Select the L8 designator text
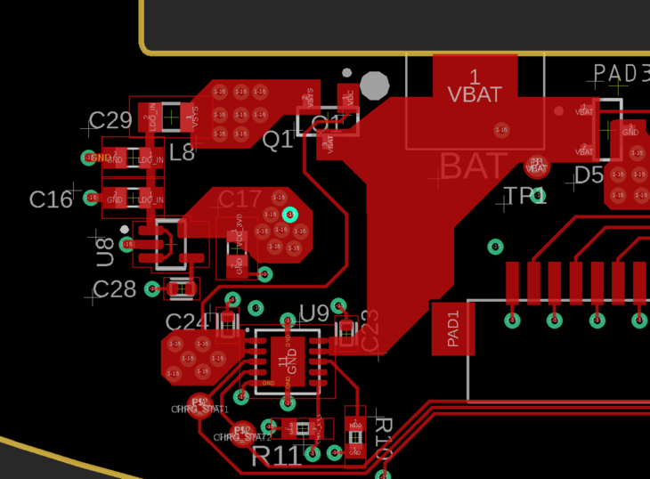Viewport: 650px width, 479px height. (x=182, y=152)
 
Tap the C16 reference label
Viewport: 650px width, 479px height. (x=51, y=199)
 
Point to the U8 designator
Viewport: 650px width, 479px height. (x=105, y=252)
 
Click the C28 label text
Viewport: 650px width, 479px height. (x=115, y=289)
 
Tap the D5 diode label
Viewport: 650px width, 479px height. (x=589, y=175)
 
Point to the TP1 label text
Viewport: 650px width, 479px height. (x=525, y=196)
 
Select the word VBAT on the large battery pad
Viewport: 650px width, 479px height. (x=475, y=93)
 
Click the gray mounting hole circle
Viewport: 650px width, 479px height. (x=374, y=85)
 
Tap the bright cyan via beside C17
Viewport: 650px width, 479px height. (x=289, y=214)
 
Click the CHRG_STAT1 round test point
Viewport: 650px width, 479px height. (x=200, y=403)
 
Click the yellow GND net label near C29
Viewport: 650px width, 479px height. (x=96, y=158)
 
